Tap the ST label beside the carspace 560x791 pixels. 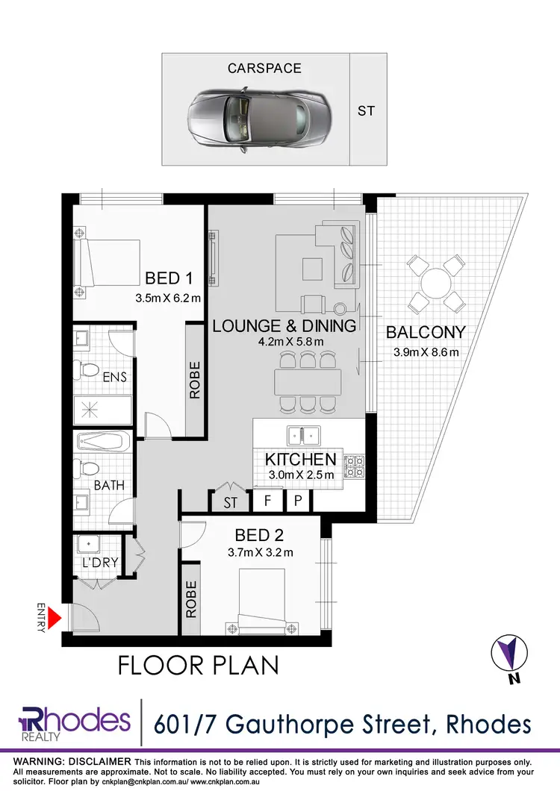[367, 111]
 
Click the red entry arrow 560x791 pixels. [54, 618]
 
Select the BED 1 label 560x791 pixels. [169, 278]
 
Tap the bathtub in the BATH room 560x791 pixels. [103, 442]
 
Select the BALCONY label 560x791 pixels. [426, 332]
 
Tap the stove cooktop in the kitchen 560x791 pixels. [353, 467]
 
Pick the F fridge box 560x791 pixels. [267, 501]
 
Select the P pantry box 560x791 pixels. [297, 501]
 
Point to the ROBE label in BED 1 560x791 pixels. [195, 381]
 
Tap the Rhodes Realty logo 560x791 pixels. [75, 722]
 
